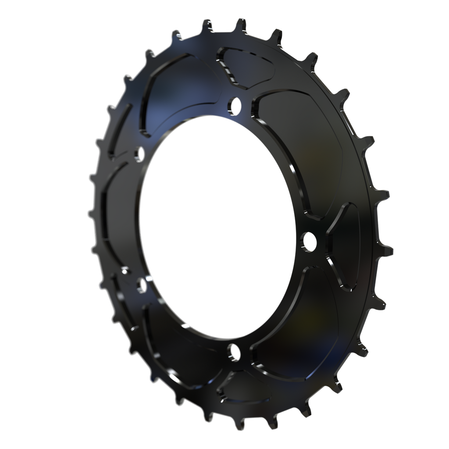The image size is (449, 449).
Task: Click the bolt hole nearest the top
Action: pos(235,104)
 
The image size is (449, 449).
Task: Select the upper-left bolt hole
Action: pos(139,153)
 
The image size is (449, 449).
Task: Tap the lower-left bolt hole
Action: pos(141,285)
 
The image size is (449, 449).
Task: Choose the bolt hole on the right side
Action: pos(309,241)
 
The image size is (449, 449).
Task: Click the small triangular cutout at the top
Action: pos(246,66)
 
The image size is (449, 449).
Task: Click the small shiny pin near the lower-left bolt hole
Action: pos(125,271)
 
